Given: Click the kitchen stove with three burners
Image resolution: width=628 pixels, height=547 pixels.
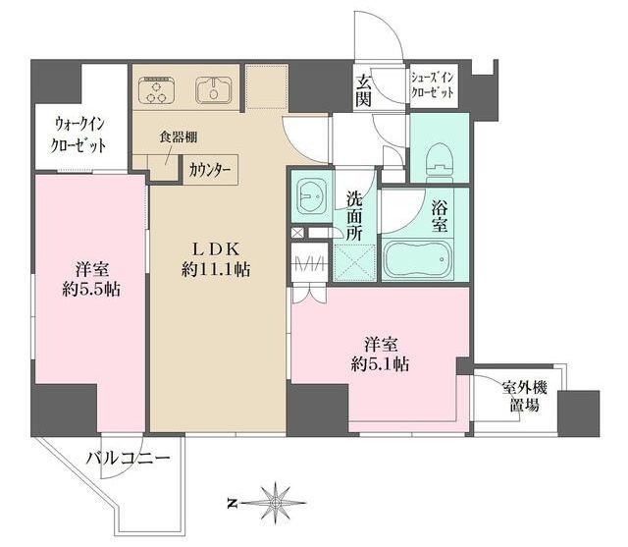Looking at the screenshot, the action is click(x=157, y=89).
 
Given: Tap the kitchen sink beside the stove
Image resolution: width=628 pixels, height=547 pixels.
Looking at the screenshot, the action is click(x=214, y=89).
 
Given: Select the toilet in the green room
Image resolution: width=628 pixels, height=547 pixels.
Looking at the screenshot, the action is click(x=440, y=159).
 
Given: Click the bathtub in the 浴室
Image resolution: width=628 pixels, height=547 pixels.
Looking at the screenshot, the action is click(x=418, y=259).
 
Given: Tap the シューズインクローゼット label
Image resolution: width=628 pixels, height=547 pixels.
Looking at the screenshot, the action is click(x=433, y=85).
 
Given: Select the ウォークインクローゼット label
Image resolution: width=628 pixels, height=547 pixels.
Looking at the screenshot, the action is click(x=78, y=136).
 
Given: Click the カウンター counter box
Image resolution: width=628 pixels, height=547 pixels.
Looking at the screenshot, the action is click(x=211, y=170).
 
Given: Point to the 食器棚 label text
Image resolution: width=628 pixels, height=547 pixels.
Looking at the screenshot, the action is click(x=179, y=137).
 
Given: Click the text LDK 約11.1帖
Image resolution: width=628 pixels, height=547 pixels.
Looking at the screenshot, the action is click(x=216, y=259).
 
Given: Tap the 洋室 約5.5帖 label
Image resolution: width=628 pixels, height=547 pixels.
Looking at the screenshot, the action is click(x=91, y=279).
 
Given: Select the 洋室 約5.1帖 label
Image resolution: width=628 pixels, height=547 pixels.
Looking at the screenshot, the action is click(x=380, y=355).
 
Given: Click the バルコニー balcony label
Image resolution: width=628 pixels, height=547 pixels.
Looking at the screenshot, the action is click(x=129, y=458).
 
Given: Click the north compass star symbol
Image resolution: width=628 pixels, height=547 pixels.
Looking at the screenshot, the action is click(x=276, y=503).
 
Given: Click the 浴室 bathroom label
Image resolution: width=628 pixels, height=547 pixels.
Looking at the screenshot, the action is click(x=440, y=216).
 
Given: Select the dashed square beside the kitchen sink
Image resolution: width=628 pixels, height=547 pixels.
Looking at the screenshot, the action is click(x=266, y=86).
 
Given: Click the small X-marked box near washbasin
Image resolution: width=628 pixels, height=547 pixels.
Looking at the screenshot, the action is click(x=297, y=233).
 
